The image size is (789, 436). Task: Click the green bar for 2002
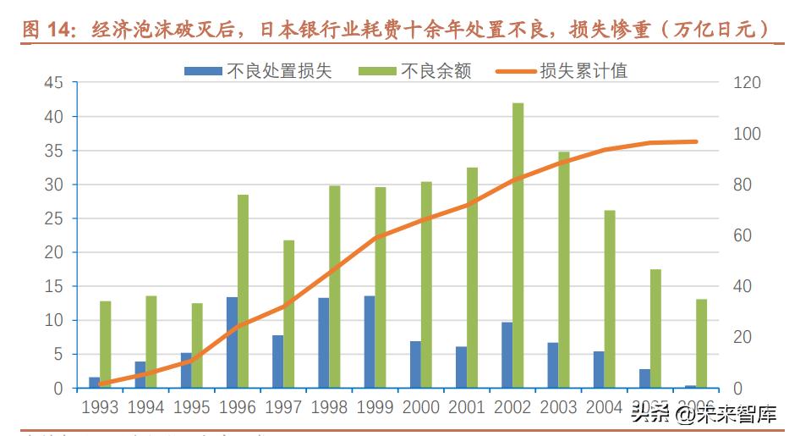(x=518, y=246)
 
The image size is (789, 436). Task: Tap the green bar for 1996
(x=243, y=291)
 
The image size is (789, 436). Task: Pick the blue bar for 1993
(x=94, y=383)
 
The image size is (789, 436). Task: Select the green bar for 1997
(x=288, y=314)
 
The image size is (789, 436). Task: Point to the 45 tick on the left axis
(x=53, y=83)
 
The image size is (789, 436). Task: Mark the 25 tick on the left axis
(x=53, y=218)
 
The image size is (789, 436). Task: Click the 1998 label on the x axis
(x=329, y=408)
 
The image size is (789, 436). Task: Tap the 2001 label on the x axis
(x=467, y=408)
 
